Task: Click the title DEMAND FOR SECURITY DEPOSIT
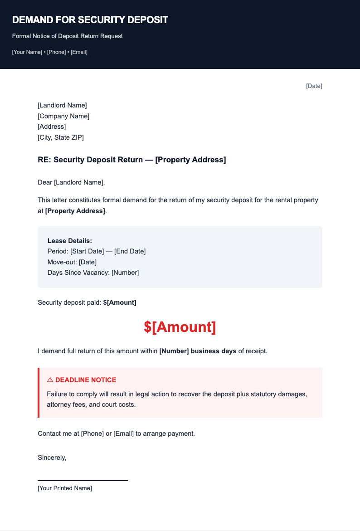(x=90, y=20)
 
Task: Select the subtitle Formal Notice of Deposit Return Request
(x=67, y=36)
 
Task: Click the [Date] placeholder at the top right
(x=314, y=86)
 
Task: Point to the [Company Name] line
(x=63, y=116)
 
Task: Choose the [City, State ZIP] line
(x=60, y=137)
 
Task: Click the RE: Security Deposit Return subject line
(x=131, y=160)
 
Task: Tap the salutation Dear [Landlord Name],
(x=71, y=183)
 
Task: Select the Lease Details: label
(x=69, y=241)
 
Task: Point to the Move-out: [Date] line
(x=72, y=262)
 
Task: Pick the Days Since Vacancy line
(x=93, y=273)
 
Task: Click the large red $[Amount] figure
(x=180, y=327)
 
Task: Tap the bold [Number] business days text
(x=198, y=351)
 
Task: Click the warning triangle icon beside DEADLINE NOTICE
(x=50, y=380)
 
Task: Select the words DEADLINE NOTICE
(x=86, y=380)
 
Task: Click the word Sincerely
(x=52, y=458)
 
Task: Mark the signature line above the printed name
(x=83, y=480)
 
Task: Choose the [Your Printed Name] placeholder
(x=65, y=488)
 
